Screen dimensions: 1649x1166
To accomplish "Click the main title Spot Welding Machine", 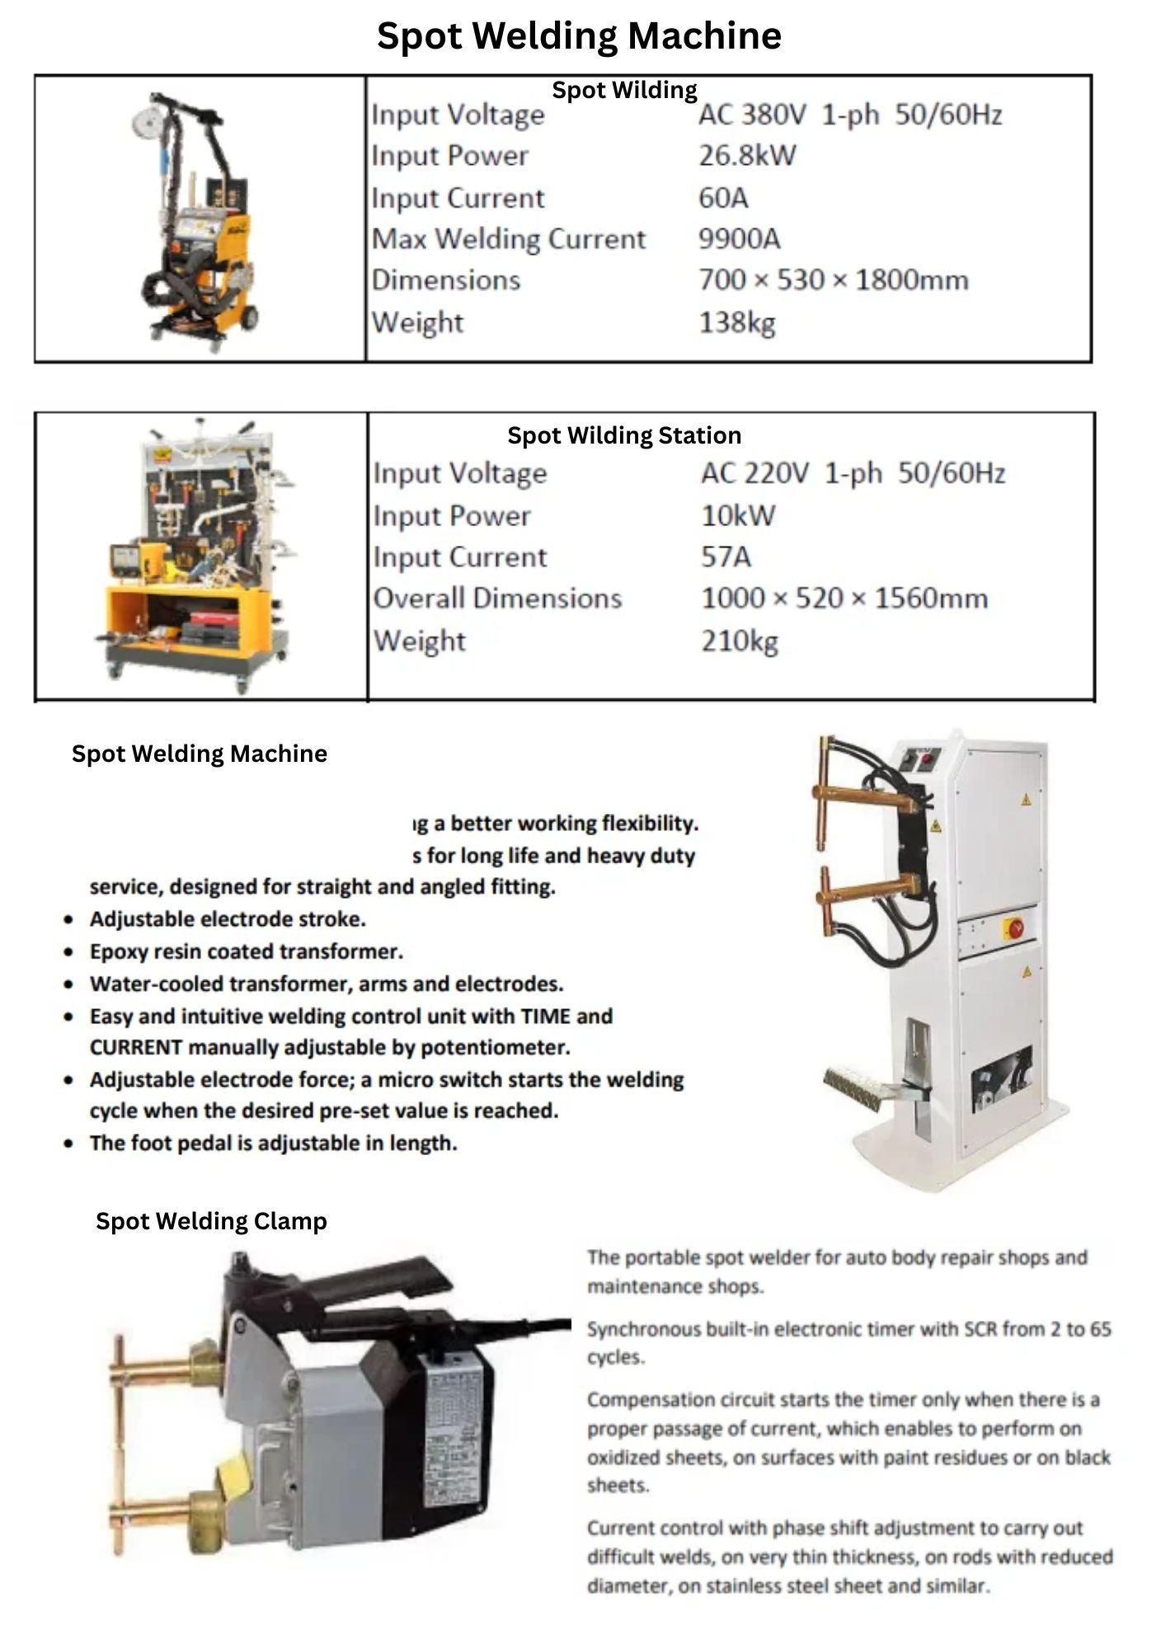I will click(x=579, y=36).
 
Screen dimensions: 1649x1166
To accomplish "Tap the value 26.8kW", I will click(x=747, y=156).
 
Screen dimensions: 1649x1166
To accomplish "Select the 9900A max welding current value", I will click(x=739, y=239).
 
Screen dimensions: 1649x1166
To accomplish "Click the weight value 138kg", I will click(x=737, y=322).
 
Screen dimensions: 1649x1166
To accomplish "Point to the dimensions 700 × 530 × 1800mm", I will click(x=833, y=280).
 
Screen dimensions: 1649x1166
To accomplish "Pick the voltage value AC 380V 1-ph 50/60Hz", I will click(x=849, y=115).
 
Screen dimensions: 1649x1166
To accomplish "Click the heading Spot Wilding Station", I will click(x=623, y=435).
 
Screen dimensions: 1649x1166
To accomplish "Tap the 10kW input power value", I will click(x=738, y=516).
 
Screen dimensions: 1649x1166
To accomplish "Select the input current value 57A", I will click(x=726, y=557).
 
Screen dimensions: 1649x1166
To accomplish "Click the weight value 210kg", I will click(x=740, y=641).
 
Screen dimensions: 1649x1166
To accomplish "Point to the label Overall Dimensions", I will click(x=497, y=599).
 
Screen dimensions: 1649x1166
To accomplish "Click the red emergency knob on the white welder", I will click(x=1015, y=928).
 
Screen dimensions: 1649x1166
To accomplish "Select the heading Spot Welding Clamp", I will click(x=211, y=1221).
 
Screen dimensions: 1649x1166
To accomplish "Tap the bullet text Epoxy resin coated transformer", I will click(x=246, y=951).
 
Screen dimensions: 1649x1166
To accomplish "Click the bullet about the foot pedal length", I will click(x=273, y=1144).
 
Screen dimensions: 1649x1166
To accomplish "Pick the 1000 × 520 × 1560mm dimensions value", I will click(x=844, y=599).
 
